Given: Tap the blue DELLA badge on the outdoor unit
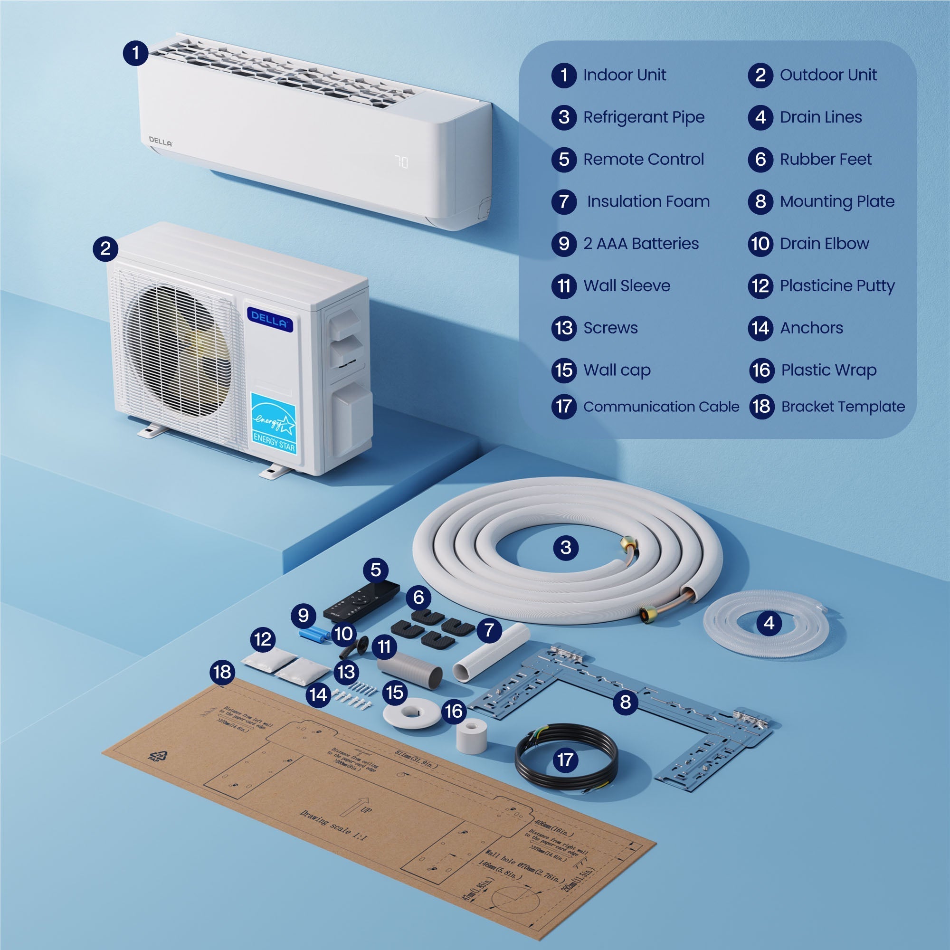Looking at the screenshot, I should [270, 320].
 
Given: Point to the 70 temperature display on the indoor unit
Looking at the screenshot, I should [401, 162].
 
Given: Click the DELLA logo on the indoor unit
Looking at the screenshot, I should [160, 142].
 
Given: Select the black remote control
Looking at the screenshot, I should [361, 601].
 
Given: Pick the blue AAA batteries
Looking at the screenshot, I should [315, 634].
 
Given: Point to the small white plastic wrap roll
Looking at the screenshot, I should [472, 736].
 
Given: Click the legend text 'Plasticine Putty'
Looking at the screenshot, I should [837, 285].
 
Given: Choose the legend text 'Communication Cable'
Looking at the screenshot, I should [661, 407].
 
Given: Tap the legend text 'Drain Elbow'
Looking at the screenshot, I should [824, 243].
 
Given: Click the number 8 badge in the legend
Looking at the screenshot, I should [760, 201].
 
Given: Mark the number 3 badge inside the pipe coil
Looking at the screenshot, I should [565, 547].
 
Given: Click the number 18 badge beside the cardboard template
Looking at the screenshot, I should [222, 672].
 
